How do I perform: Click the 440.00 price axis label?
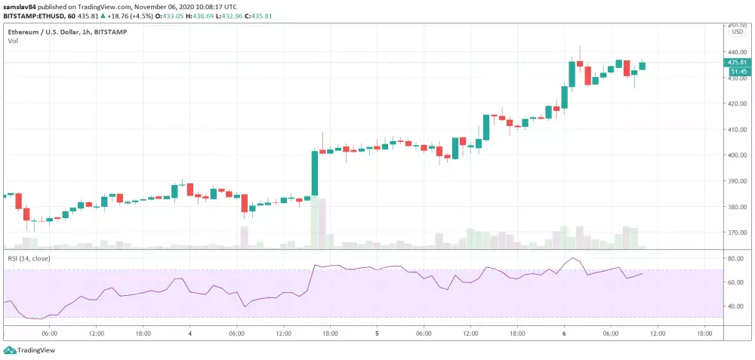737,52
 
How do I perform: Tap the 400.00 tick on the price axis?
737,155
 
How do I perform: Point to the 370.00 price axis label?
737,232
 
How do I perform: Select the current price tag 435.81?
737,63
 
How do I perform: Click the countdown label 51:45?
737,72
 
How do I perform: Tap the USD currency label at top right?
737,32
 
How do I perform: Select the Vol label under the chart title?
13,41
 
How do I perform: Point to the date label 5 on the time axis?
377,333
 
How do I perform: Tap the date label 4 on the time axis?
190,333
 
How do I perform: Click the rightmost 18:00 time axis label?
704,333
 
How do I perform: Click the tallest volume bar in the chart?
315,223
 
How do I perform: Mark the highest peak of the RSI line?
574,258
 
